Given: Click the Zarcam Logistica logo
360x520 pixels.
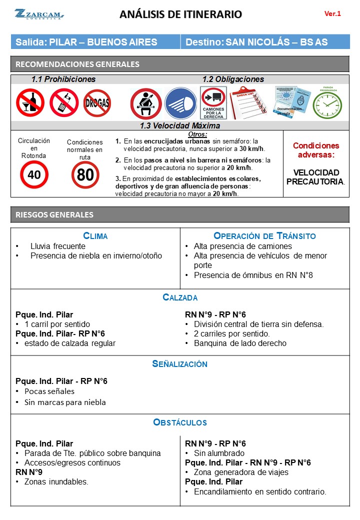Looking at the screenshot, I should click(38, 14).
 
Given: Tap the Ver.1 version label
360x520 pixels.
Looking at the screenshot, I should click(332, 14).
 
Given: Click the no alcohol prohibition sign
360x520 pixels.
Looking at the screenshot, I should click(29, 103).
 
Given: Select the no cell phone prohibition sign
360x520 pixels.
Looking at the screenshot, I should click(63, 102).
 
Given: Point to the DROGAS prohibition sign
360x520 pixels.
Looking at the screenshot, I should click(97, 103).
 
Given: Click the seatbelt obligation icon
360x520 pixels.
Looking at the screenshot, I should click(145, 103).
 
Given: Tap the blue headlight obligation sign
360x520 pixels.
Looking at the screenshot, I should click(180, 103).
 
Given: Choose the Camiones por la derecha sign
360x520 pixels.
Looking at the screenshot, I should click(213, 103).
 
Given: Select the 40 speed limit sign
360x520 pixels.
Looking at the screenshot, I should click(34, 174).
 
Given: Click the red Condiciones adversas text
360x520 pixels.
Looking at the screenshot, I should click(315, 150).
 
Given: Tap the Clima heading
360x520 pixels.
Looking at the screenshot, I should click(95, 236).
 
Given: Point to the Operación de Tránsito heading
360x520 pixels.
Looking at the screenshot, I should click(264, 236).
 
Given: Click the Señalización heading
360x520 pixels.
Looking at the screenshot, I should click(180, 364).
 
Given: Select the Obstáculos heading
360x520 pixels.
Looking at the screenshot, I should click(180, 422).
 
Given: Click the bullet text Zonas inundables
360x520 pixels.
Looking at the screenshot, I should click(59, 482).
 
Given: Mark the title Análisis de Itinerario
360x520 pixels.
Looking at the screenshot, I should click(180, 14).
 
